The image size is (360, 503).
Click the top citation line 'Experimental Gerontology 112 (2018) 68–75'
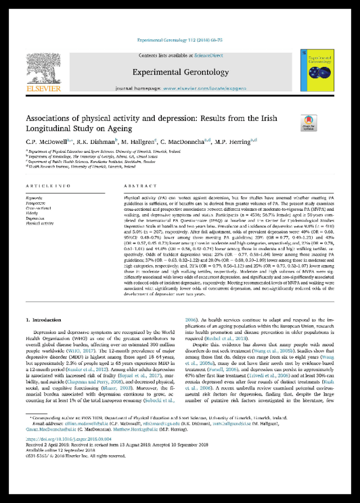pos(179,40)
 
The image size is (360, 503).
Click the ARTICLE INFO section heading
pos(49,185)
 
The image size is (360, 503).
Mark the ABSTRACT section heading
pos(136,185)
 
